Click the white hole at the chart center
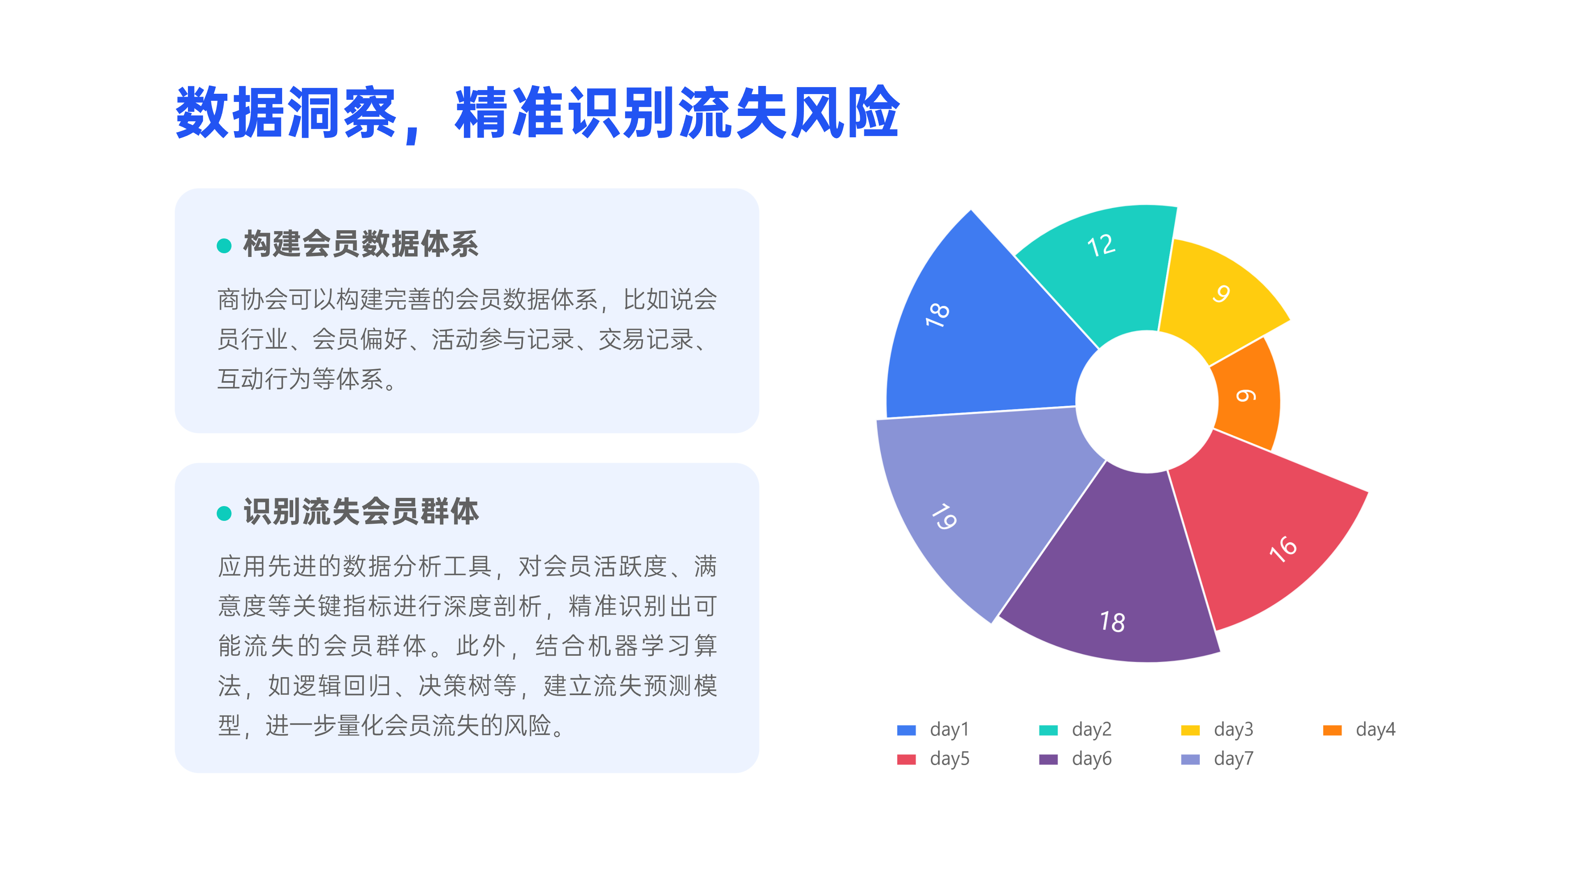point(1147,401)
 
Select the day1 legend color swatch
point(906,730)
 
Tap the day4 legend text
point(1375,729)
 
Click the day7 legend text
point(1233,758)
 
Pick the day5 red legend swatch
point(906,759)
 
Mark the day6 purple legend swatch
point(1048,759)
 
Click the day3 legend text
point(1233,729)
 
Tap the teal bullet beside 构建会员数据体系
point(225,246)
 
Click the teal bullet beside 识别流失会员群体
point(225,513)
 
